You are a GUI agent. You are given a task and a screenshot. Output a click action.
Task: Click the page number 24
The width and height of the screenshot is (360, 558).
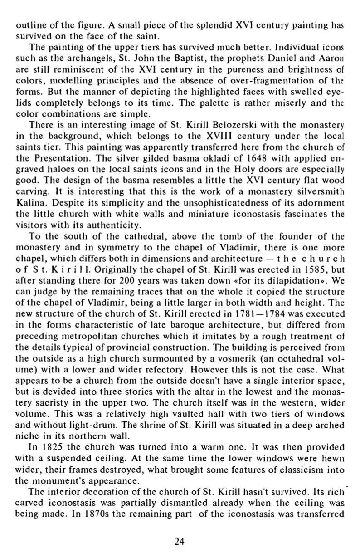pyautogui.click(x=180, y=541)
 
